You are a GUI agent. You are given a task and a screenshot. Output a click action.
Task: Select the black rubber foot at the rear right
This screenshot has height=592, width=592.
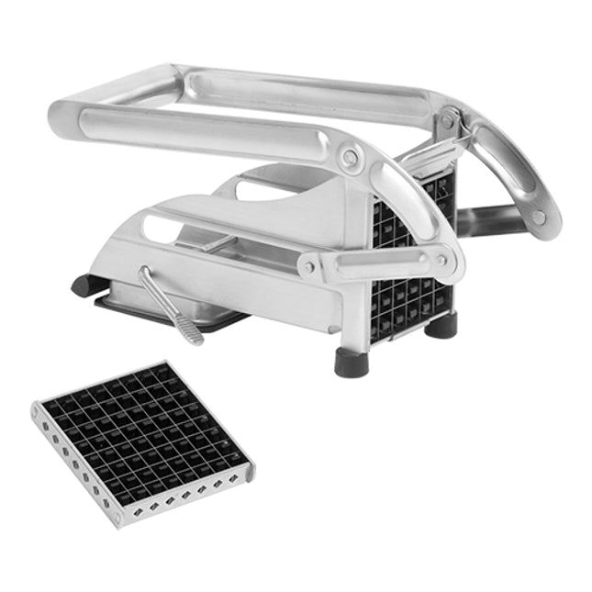click(443, 324)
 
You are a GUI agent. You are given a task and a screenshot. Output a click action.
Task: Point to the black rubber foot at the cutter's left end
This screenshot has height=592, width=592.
click(85, 285)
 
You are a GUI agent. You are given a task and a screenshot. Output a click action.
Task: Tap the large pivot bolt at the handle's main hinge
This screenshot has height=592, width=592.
click(350, 158)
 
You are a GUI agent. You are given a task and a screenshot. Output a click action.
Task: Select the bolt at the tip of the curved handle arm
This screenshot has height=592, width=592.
click(539, 217)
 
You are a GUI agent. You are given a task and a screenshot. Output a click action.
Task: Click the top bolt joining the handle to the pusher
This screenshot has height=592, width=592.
click(447, 120)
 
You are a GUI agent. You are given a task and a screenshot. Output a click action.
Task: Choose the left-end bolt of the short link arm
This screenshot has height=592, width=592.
click(310, 267)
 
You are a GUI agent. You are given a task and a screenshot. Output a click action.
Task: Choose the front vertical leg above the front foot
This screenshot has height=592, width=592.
click(353, 312)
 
